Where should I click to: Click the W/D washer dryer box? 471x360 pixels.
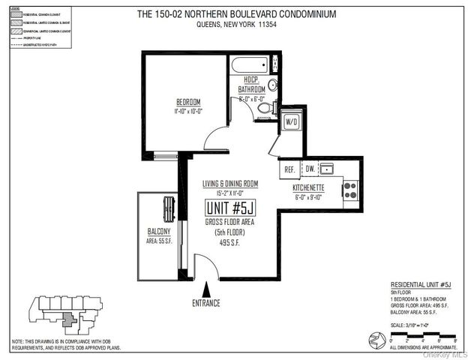point(292,121)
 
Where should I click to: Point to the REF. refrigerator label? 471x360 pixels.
point(289,169)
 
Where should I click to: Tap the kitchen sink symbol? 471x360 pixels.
point(328,169)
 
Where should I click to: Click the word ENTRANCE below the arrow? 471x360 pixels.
point(206,302)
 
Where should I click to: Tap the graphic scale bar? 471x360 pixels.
point(415,335)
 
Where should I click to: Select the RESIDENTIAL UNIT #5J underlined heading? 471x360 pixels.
point(421,286)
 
